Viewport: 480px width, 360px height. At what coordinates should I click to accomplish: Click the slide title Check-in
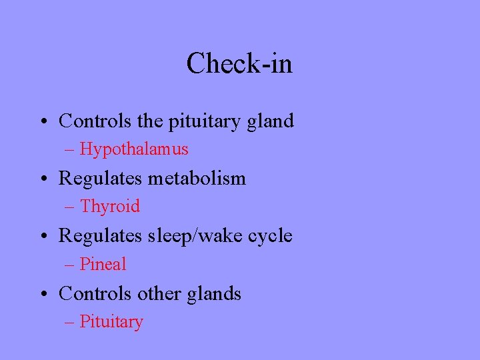point(239,64)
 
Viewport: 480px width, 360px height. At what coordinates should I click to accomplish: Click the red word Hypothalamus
point(134,149)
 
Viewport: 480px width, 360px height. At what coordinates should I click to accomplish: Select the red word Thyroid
point(110,207)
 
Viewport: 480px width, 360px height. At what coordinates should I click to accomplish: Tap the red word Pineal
point(103,265)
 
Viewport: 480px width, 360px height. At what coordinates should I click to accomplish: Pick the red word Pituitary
point(111,322)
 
